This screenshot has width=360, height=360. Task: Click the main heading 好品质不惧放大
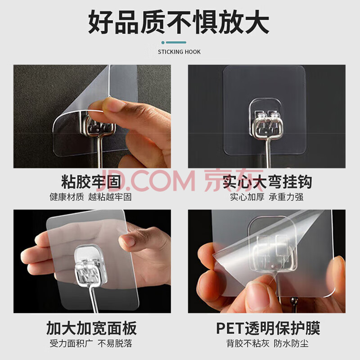(179, 22)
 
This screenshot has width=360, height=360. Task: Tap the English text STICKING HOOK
(179, 52)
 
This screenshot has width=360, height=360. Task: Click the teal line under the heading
(176, 42)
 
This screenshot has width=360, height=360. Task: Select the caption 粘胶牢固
(91, 181)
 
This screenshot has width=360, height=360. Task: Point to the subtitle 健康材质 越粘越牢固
(91, 197)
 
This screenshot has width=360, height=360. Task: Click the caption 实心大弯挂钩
(267, 181)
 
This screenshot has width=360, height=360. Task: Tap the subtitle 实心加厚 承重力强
(267, 197)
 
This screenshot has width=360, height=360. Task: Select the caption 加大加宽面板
(91, 328)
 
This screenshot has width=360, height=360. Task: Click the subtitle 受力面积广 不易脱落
(91, 344)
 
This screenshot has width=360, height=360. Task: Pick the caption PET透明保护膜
(268, 328)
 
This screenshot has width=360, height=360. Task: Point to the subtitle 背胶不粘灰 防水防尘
(267, 344)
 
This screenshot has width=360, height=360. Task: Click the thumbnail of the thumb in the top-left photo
(113, 105)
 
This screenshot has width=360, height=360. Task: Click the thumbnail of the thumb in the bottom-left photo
(127, 241)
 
